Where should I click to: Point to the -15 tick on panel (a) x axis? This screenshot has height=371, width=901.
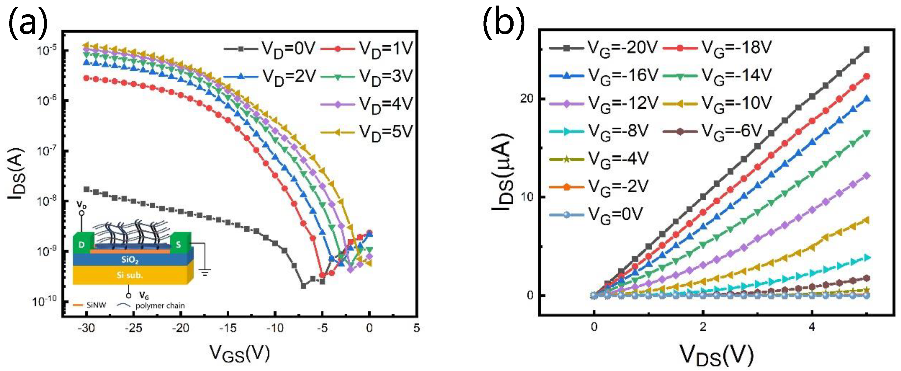pyautogui.click(x=228, y=328)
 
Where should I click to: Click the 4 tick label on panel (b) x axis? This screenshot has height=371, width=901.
pyautogui.click(x=812, y=327)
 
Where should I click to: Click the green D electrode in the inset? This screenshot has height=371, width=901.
pyautogui.click(x=82, y=244)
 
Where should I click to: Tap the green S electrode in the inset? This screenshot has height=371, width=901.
pyautogui.click(x=179, y=244)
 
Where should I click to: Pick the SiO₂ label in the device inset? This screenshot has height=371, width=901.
pyautogui.click(x=130, y=260)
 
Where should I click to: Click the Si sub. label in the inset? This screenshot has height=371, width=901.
pyautogui.click(x=130, y=275)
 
